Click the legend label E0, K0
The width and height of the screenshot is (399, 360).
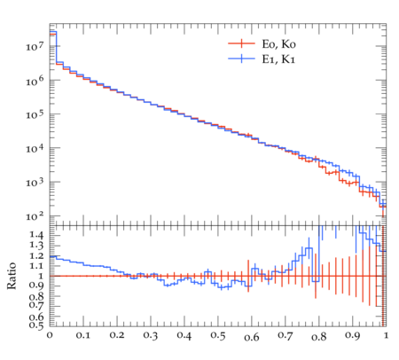(x=278, y=44)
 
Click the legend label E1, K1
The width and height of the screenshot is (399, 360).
(x=278, y=59)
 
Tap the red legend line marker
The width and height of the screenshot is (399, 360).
(x=241, y=43)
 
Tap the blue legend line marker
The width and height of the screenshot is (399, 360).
(x=241, y=59)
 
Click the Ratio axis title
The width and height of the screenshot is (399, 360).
(x=12, y=276)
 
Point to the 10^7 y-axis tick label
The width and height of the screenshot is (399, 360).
(x=35, y=46)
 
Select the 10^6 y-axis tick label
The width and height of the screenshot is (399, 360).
(x=35, y=81)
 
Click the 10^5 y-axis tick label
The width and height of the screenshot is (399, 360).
(x=35, y=114)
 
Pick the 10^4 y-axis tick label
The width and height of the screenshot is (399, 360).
(x=35, y=148)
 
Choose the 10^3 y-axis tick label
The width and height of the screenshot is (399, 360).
(x=35, y=183)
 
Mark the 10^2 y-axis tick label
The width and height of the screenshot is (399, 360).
(x=35, y=216)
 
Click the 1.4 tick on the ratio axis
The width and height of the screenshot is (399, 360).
(x=36, y=235)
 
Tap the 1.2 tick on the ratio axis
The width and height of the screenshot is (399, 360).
(x=36, y=256)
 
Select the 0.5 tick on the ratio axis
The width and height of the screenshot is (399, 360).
(x=36, y=325)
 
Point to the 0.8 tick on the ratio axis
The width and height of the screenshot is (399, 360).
(x=36, y=296)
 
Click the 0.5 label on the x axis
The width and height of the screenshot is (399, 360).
(x=218, y=336)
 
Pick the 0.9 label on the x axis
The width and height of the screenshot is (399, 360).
(x=353, y=336)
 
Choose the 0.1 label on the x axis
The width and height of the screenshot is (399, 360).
(x=83, y=336)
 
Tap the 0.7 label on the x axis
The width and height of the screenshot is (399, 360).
(x=286, y=336)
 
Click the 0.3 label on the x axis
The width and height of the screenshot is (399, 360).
(x=151, y=336)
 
